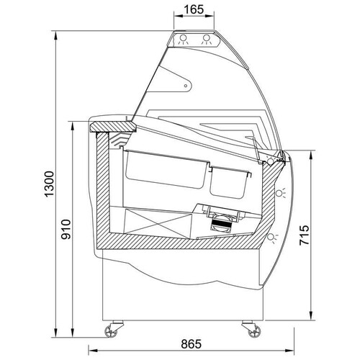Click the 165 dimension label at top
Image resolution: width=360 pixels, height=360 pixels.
pyautogui.click(x=194, y=9)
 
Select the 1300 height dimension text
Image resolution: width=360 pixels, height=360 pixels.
pyautogui.click(x=49, y=184)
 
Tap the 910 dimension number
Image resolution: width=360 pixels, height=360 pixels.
pyautogui.click(x=66, y=229)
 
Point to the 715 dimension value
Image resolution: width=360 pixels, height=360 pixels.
pyautogui.click(x=304, y=235)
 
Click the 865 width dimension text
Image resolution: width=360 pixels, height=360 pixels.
pyautogui.click(x=192, y=344)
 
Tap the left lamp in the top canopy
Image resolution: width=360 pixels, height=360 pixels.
pyautogui.click(x=183, y=40)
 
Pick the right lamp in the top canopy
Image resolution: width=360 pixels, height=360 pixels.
pyautogui.click(x=207, y=40)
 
